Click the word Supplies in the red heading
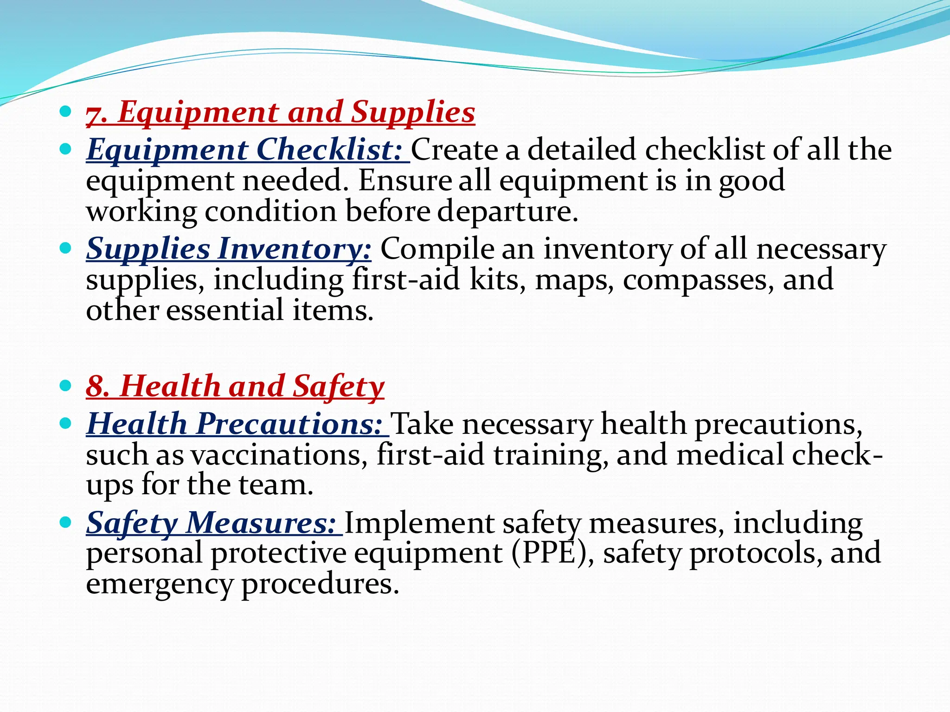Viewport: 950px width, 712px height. (413, 113)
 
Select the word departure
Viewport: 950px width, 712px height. (508, 212)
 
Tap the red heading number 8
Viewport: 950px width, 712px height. (97, 387)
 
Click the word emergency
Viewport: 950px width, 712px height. (159, 585)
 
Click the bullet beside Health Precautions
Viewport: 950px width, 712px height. (65, 424)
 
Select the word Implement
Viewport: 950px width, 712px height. (419, 523)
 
